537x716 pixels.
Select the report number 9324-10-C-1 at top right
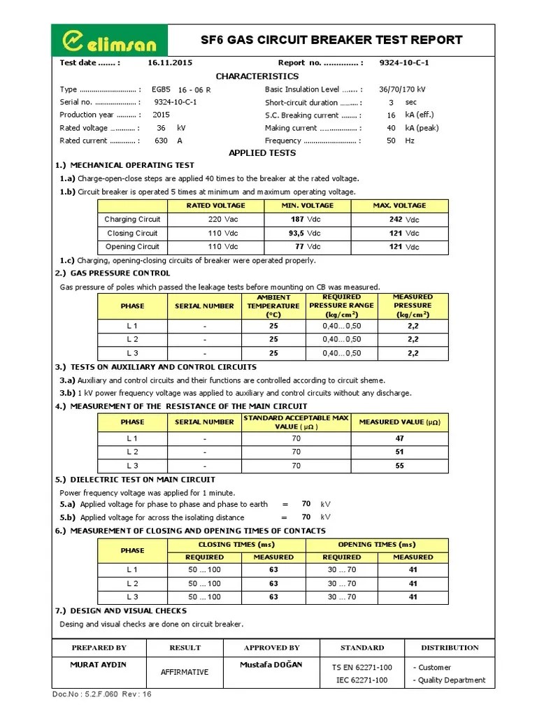click(403, 62)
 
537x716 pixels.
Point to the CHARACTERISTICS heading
click(257, 76)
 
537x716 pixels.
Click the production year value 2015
click(161, 115)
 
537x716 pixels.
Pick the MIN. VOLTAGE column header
click(308, 206)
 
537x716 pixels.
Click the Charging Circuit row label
click(132, 220)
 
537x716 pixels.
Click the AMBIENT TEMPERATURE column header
click(272, 306)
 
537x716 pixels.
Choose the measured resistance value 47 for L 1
click(399, 438)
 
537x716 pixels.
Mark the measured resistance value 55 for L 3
click(399, 466)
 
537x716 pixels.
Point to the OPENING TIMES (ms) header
click(376, 544)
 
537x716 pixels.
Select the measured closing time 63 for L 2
click(273, 583)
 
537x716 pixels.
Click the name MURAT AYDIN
click(99, 664)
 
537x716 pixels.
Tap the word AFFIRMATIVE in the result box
click(185, 672)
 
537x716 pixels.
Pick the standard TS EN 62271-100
click(361, 667)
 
